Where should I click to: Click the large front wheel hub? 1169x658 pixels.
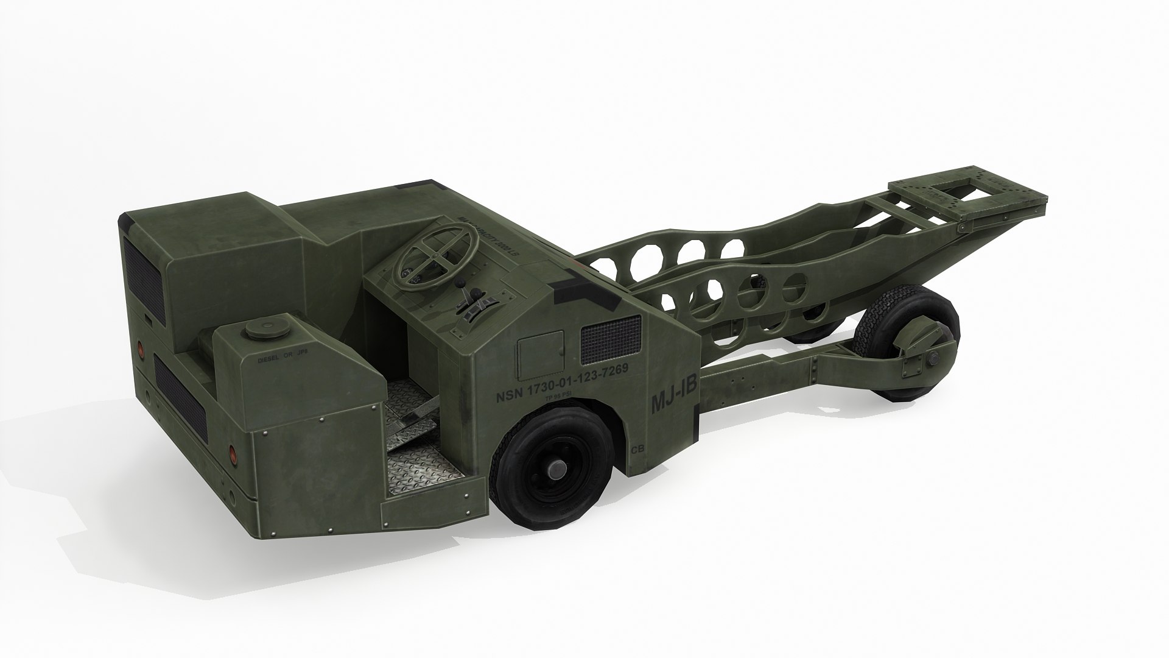[x=555, y=470]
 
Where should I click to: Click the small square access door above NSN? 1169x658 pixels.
[x=540, y=353]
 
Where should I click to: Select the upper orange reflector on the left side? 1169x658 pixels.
[x=141, y=347]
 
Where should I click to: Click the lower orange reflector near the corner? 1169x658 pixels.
[x=232, y=453]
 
